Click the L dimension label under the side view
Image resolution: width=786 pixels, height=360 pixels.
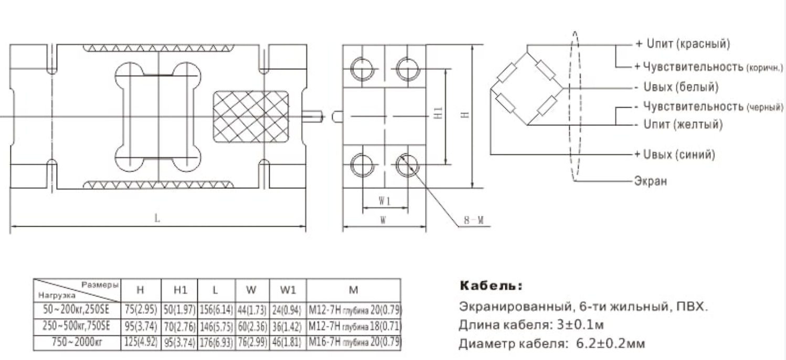(x=157, y=218)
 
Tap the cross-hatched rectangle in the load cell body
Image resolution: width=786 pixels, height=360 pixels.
(x=251, y=117)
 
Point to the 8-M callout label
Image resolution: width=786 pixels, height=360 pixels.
(x=474, y=220)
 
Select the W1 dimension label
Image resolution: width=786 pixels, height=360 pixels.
(x=385, y=201)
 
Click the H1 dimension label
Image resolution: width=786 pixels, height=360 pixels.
(x=438, y=113)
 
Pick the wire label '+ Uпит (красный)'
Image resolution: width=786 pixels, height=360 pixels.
(x=683, y=44)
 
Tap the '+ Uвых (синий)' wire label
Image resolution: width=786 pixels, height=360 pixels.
(x=675, y=154)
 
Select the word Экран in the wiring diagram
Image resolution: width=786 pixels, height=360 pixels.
(x=651, y=181)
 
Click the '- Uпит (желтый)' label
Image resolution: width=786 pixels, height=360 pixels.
(x=679, y=124)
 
